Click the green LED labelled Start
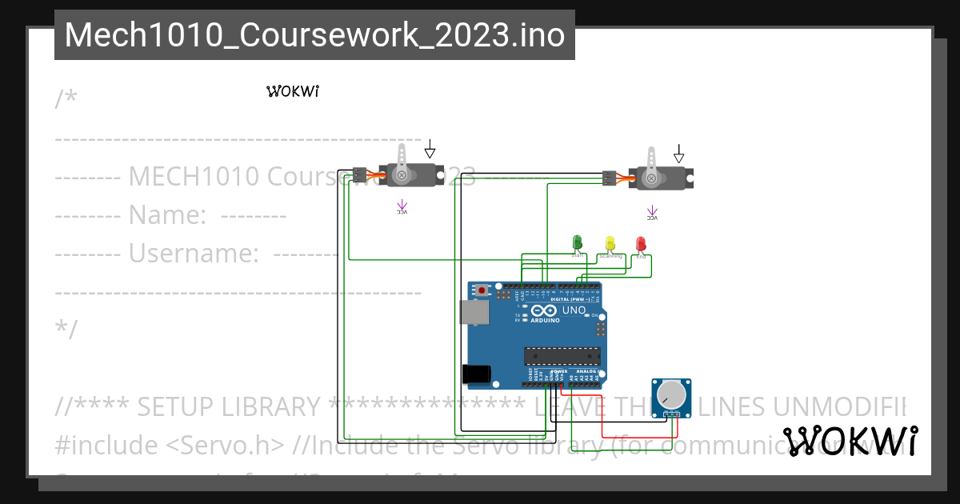[576, 242]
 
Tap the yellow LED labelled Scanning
[610, 242]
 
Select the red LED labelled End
[640, 242]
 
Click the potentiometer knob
[670, 394]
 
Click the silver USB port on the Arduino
[474, 312]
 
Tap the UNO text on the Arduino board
[574, 310]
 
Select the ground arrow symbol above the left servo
[430, 149]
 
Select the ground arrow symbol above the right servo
[679, 152]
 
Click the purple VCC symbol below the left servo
[402, 209]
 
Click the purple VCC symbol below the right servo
[652, 214]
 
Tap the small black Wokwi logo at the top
[293, 91]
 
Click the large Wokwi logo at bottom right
[850, 441]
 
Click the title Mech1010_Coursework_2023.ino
[314, 35]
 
